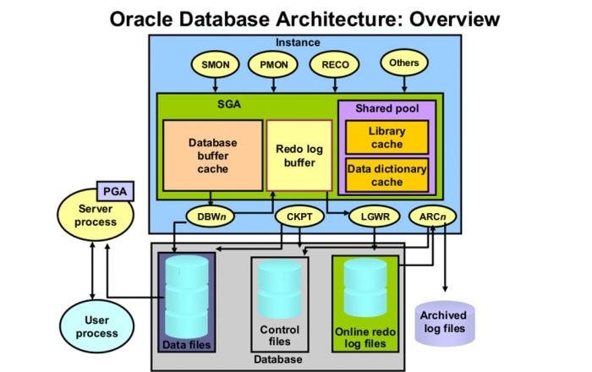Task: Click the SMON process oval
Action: pyautogui.click(x=217, y=63)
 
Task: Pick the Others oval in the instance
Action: pyautogui.click(x=403, y=62)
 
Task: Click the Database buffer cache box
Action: pyautogui.click(x=212, y=155)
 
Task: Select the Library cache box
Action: pyautogui.click(x=386, y=137)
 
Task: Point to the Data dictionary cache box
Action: pyautogui.click(x=386, y=176)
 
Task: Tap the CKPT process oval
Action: pyautogui.click(x=300, y=216)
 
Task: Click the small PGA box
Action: pyautogui.click(x=114, y=191)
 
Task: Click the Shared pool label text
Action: pyautogui.click(x=385, y=109)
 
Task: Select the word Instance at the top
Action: pyautogui.click(x=299, y=41)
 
